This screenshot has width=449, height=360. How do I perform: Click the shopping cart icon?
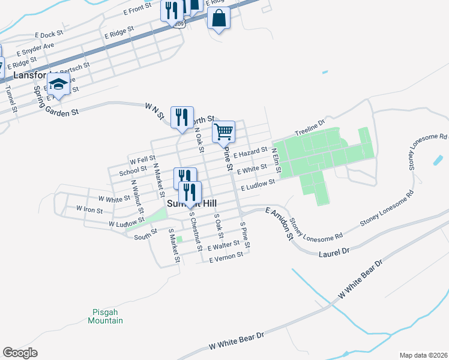(223, 130)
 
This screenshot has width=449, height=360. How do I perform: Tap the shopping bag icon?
(218, 18)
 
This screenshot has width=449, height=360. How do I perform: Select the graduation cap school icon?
(58, 84)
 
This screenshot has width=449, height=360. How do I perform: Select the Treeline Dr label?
(310, 128)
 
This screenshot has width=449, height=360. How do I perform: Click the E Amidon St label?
(277, 222)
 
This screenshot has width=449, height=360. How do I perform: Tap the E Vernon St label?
(226, 257)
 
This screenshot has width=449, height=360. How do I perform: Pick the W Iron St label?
(89, 210)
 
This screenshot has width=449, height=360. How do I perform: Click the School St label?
(133, 172)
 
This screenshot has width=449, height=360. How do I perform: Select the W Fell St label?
(142, 160)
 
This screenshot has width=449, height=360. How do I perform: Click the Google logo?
(20, 353)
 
